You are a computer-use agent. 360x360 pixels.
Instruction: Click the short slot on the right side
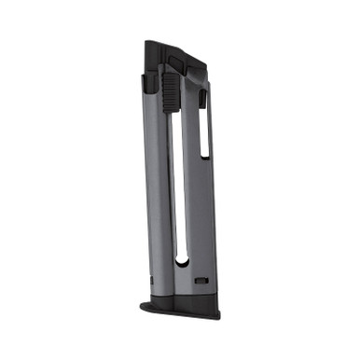(203, 121)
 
